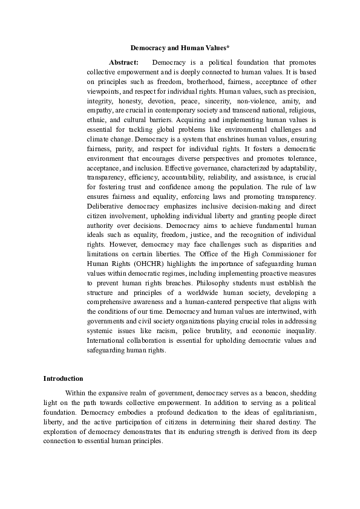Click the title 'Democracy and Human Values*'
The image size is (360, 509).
click(x=180, y=47)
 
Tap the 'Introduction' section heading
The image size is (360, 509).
click(x=63, y=378)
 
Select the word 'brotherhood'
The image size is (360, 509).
click(x=180, y=82)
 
